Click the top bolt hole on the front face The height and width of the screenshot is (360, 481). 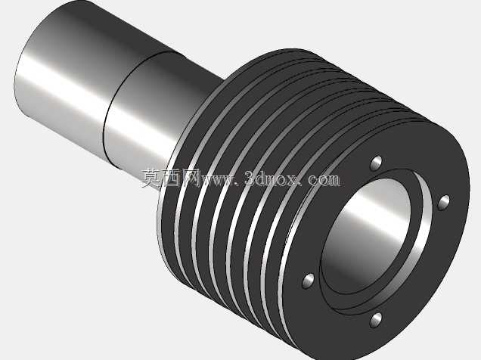click(376, 163)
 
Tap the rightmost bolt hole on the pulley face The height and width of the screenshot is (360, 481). click(443, 203)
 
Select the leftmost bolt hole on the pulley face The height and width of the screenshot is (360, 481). click(309, 281)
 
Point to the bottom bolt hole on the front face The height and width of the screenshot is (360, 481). click(376, 320)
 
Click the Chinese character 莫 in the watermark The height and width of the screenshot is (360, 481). click(151, 178)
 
